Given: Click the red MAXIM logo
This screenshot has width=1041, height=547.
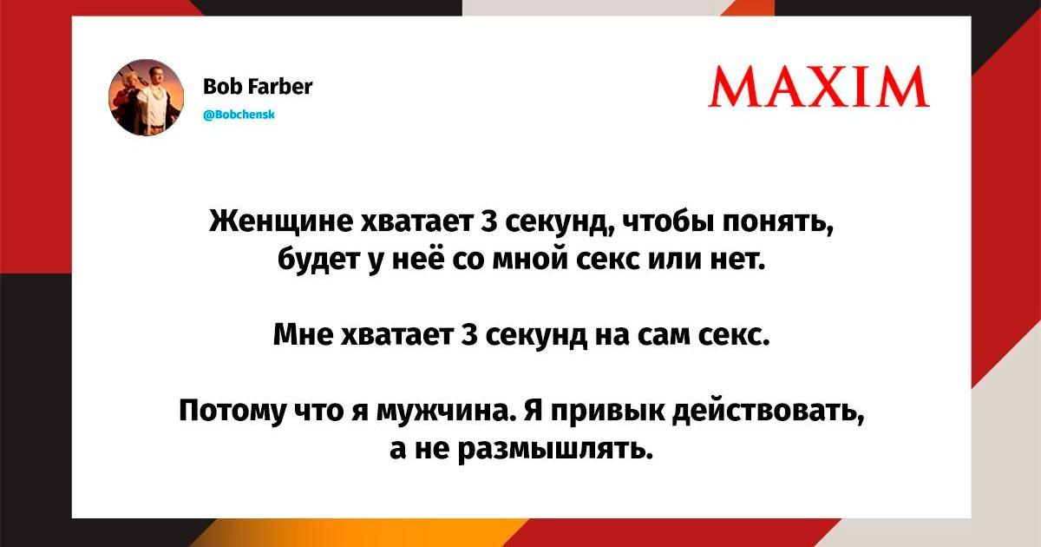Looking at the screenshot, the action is pos(819,87).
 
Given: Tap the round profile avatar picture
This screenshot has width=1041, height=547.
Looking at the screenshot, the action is pos(147,97).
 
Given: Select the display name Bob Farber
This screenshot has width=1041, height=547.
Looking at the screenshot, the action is pos(258,87).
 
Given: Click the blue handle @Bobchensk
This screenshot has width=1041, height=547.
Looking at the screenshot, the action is pos(239,115).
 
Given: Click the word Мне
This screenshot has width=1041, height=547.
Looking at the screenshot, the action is pos(303,334).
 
